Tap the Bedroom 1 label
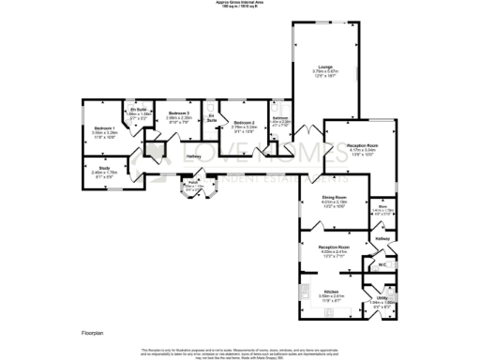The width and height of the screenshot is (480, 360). [x=104, y=128]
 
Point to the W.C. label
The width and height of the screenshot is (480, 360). [x=382, y=265]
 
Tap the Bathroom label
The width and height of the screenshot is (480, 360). [x=279, y=118]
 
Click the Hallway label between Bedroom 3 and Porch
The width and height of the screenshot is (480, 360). [x=193, y=156]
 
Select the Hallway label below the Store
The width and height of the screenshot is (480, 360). [x=382, y=240]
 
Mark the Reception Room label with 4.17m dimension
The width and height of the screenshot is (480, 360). [x=361, y=146]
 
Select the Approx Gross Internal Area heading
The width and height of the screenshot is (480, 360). [x=240, y=4]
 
